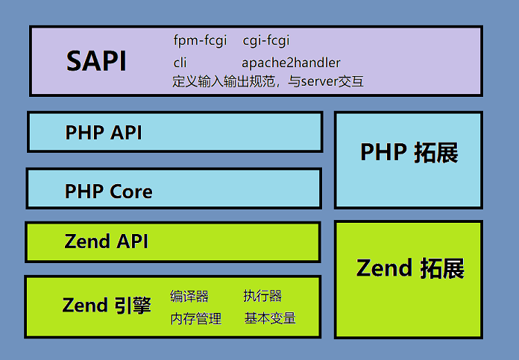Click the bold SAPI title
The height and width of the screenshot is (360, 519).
(96, 62)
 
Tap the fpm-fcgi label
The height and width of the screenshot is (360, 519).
(200, 40)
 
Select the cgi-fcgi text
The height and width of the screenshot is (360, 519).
(266, 40)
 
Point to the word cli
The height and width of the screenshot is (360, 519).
(180, 63)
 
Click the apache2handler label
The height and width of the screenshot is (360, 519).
(291, 63)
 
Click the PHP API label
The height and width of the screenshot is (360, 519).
(104, 133)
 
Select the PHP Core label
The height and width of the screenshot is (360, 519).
(109, 192)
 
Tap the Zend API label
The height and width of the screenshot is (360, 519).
(107, 241)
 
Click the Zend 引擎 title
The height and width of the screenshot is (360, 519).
(107, 305)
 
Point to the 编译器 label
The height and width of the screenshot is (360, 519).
(189, 297)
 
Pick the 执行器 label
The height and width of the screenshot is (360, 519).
(262, 297)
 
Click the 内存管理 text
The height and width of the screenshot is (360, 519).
(196, 319)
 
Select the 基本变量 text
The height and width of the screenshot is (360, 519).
(270, 318)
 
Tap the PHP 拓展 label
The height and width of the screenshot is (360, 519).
(409, 153)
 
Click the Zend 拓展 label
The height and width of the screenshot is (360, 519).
(410, 268)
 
